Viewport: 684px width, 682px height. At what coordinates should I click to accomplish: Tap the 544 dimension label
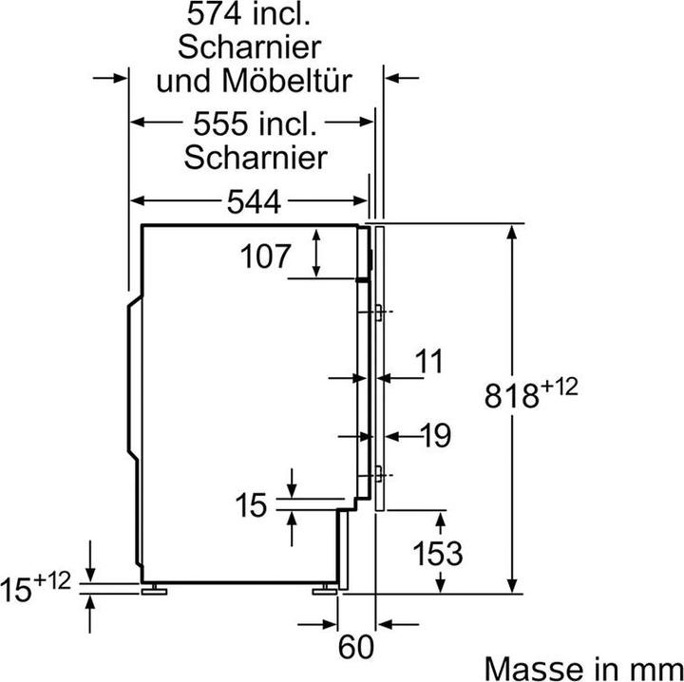pyautogui.click(x=256, y=201)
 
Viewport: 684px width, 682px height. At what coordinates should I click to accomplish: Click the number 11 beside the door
pyautogui.click(x=429, y=362)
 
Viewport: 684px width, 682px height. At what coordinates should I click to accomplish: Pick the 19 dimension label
pyautogui.click(x=433, y=436)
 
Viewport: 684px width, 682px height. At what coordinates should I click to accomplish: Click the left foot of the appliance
pyautogui.click(x=152, y=589)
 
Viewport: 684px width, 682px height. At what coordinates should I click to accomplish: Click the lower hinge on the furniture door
pyautogui.click(x=379, y=471)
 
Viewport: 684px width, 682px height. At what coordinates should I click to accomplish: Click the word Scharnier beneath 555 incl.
pyautogui.click(x=255, y=155)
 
